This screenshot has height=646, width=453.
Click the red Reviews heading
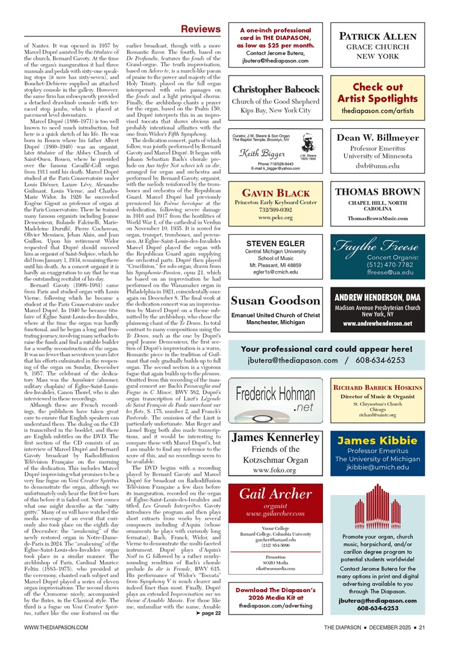point(201,29)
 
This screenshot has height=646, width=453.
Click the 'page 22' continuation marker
point(208,613)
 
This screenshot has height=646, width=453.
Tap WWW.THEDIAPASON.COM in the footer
point(57,628)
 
